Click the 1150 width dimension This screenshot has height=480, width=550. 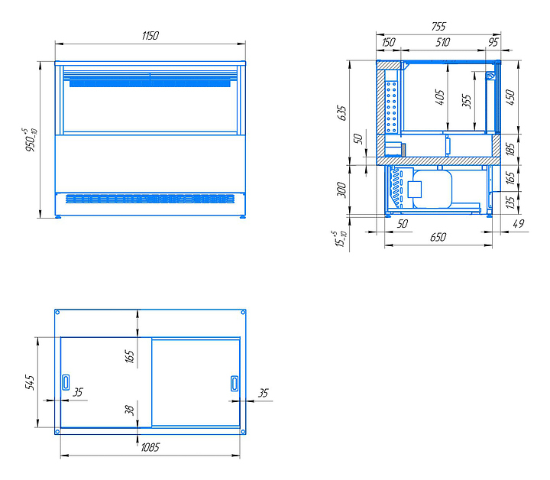pos(150,36)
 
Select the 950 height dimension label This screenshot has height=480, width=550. pos(31,140)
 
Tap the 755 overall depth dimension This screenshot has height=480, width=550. pos(438,26)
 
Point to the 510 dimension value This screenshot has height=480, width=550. pos(442,43)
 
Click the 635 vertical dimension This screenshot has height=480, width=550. pos(341,112)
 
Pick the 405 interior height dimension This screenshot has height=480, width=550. pos(439,97)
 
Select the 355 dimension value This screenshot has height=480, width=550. pos(467,102)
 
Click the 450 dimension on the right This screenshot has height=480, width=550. pos(510,97)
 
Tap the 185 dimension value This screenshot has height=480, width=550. pos(510,149)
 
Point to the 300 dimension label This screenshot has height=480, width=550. pos(341,190)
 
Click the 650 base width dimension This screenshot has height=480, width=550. pos(438,237)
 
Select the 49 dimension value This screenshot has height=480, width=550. pos(519,223)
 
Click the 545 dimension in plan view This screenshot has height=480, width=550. pos(30,382)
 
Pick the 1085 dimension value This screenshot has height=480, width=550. pos(150,447)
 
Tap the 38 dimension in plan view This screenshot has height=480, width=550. pos(129,410)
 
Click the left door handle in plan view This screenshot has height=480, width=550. pos(66,382)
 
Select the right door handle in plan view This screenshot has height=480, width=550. pos(235,383)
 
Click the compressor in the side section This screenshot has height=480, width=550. pos(432,189)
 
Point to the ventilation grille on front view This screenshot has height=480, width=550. pos(150,199)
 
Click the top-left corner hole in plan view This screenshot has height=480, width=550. pos(58,313)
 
